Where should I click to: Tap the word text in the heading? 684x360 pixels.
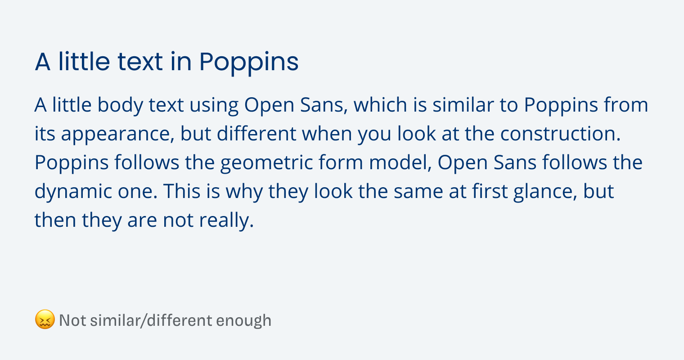coord(140,62)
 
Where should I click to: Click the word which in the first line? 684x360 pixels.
coord(380,105)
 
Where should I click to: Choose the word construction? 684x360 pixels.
coord(560,134)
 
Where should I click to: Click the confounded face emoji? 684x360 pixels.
coord(45,319)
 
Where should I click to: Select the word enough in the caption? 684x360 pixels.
coord(244,321)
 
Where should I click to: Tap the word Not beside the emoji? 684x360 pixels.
coord(72,320)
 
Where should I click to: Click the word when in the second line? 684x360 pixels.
coord(327,134)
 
